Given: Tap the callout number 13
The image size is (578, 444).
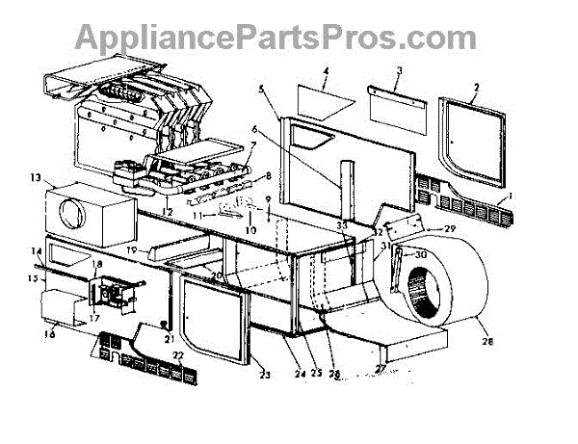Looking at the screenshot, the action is tap(36, 178).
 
